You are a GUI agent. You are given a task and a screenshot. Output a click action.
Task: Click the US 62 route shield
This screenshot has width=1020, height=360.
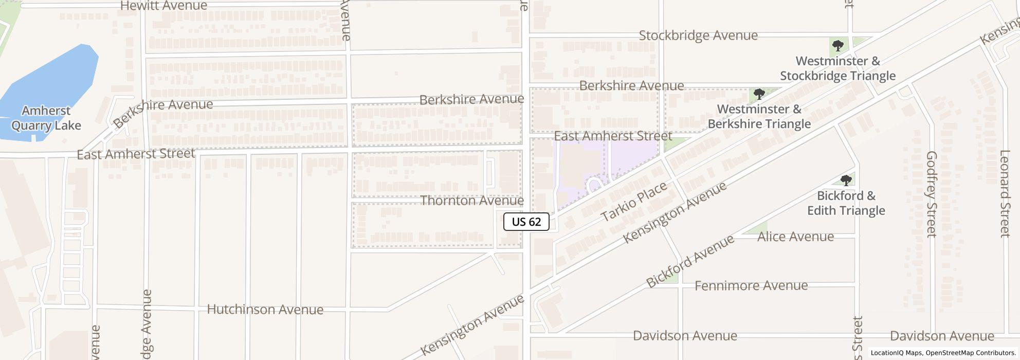tap(526, 222)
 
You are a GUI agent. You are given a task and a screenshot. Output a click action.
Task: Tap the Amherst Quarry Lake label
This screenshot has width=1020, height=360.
tap(46, 118)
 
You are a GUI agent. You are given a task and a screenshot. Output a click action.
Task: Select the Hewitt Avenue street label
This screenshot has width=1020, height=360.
tap(163, 6)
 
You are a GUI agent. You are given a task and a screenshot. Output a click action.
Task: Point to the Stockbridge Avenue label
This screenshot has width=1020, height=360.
tap(698, 35)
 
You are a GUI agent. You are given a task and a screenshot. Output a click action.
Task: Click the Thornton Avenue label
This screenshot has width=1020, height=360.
tap(472, 201)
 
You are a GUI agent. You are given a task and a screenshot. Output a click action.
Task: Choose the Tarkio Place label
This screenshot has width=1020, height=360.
tap(634, 202)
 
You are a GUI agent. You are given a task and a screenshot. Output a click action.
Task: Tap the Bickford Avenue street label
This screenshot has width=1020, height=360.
tap(690, 262)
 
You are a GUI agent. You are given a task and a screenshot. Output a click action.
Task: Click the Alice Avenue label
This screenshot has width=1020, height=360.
tap(796, 237)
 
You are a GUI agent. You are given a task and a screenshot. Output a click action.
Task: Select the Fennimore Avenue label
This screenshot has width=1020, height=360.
tap(751, 285)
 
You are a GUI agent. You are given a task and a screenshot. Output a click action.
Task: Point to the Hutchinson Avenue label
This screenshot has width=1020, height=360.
tap(265, 310)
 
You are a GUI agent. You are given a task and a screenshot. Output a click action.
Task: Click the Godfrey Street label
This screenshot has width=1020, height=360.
tap(932, 194)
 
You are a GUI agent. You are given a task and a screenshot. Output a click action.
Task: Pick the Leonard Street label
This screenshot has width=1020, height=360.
tap(1005, 193)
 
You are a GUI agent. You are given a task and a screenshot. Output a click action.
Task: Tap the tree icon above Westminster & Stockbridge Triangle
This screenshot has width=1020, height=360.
tap(837, 46)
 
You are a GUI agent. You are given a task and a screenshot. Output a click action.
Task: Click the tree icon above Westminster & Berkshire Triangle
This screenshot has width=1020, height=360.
tap(759, 94)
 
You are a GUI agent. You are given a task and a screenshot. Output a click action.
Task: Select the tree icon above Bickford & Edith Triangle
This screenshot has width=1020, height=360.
tap(846, 180)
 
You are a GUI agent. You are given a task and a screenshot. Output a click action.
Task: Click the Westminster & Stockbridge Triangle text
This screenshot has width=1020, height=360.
tap(837, 68)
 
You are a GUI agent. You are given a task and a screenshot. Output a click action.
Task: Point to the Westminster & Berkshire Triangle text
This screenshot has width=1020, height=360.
tap(759, 117)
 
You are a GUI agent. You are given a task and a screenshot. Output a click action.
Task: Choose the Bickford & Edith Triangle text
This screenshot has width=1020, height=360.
tap(846, 203)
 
